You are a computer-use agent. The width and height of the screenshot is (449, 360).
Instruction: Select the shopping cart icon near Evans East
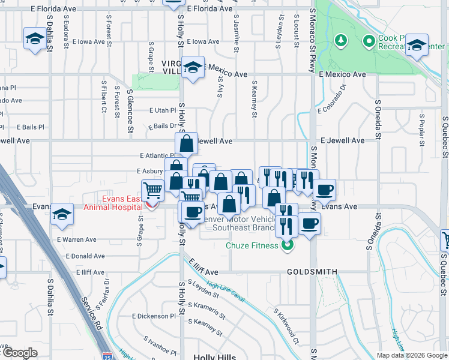coord(153,191)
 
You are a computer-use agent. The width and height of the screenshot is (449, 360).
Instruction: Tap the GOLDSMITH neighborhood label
coord(312,272)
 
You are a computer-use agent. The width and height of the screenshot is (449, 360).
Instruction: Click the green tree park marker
coord(341,41)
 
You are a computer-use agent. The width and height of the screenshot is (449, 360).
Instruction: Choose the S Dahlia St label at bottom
coord(50,297)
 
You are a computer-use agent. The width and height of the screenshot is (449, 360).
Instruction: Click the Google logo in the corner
coord(20,353)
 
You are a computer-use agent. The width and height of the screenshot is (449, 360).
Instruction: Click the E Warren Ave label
coord(77,239)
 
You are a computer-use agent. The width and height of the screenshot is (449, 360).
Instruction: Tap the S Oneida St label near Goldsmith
coord(368,231)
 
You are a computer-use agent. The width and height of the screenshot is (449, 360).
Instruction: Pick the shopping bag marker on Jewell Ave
coord(187,143)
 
